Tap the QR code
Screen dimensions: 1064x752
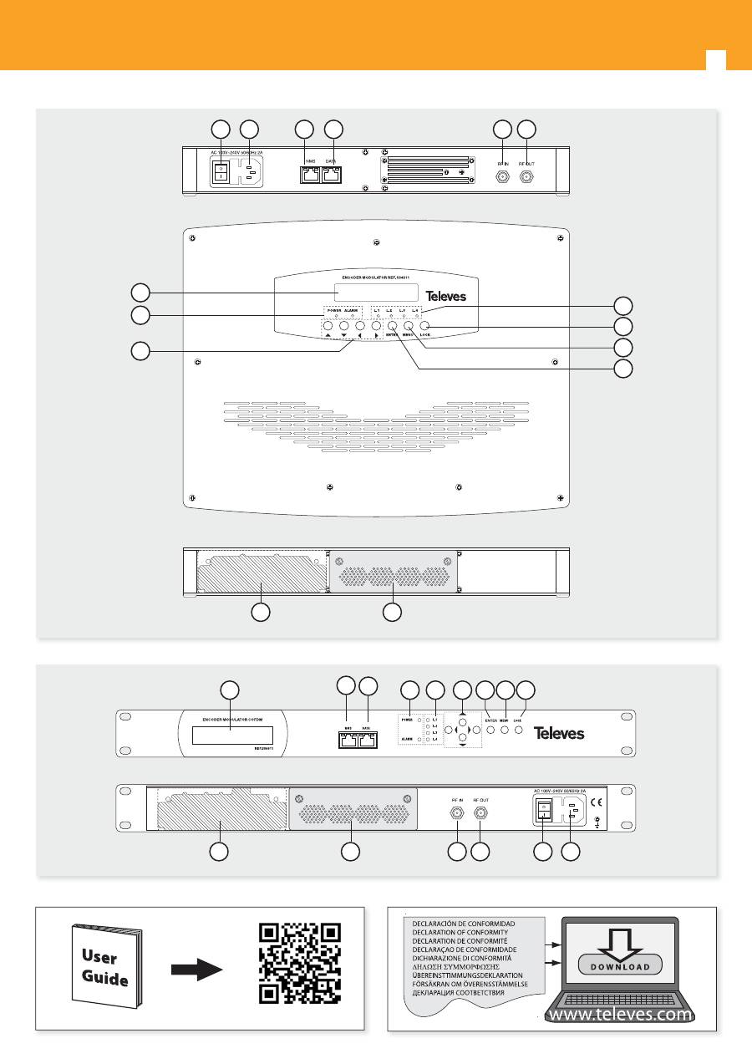(300, 963)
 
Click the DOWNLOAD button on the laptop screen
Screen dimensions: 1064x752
(619, 965)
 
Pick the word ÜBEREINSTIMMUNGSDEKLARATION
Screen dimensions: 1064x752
(466, 975)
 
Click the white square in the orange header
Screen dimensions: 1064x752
(715, 60)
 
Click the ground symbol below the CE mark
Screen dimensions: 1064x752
(597, 823)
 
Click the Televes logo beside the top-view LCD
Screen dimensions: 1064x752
(446, 297)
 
